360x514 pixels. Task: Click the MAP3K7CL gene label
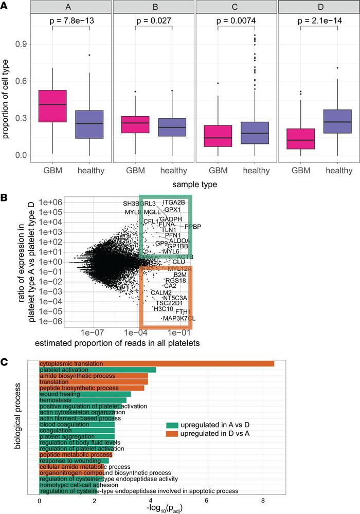178,319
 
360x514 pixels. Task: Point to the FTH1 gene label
183,312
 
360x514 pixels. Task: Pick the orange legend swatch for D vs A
171,434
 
